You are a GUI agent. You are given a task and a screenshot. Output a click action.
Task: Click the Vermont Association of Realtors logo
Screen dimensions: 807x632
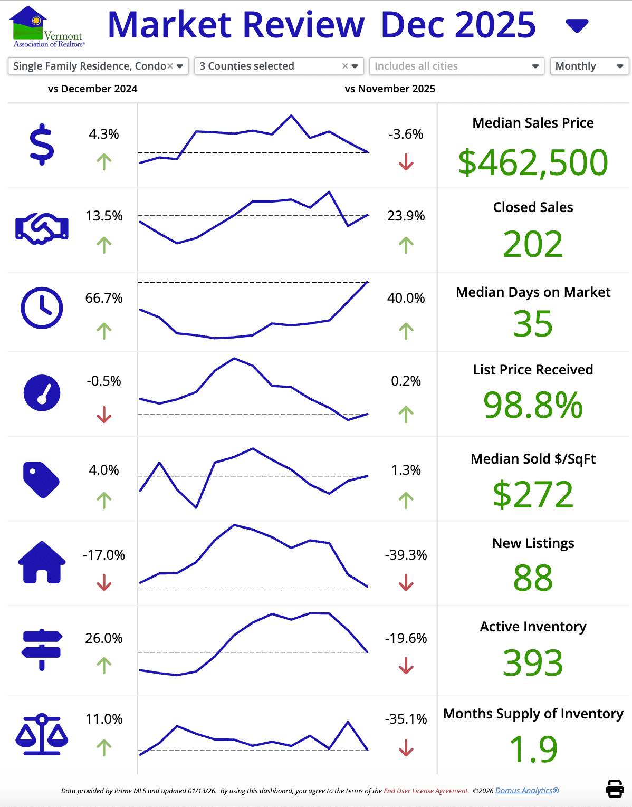(x=46, y=27)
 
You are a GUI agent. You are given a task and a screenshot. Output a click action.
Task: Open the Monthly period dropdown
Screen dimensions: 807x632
(x=589, y=66)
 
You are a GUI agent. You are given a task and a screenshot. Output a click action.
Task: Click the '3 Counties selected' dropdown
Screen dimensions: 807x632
(x=279, y=66)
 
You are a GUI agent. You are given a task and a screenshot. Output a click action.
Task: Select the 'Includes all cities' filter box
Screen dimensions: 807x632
(x=456, y=66)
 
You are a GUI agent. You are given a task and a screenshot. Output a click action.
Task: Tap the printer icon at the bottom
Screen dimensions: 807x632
(x=615, y=789)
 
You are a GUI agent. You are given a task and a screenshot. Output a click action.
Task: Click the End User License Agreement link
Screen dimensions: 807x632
(x=426, y=791)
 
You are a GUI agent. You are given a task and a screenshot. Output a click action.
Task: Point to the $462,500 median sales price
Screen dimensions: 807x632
(x=533, y=162)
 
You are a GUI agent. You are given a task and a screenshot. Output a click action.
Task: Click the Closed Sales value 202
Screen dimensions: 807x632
(x=533, y=244)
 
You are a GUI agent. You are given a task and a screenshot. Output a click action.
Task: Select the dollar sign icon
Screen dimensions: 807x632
(x=42, y=145)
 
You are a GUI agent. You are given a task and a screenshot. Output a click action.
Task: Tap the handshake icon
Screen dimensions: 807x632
(x=42, y=228)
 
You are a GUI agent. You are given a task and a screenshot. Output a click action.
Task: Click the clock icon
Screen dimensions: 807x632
(x=42, y=308)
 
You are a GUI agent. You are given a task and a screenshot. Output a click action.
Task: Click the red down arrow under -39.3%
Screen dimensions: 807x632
(x=406, y=583)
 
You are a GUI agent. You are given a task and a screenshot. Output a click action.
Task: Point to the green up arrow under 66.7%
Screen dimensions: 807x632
(x=104, y=331)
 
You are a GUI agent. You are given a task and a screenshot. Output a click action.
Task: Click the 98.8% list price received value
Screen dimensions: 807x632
(x=533, y=406)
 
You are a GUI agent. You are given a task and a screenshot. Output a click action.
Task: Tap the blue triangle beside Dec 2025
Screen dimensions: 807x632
(x=577, y=25)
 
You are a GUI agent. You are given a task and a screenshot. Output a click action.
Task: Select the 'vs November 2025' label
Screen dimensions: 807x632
(x=390, y=89)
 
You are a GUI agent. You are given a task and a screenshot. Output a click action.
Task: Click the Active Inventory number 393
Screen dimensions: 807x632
(x=533, y=663)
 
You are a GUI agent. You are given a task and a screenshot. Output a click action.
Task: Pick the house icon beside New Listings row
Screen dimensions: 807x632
(x=42, y=562)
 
